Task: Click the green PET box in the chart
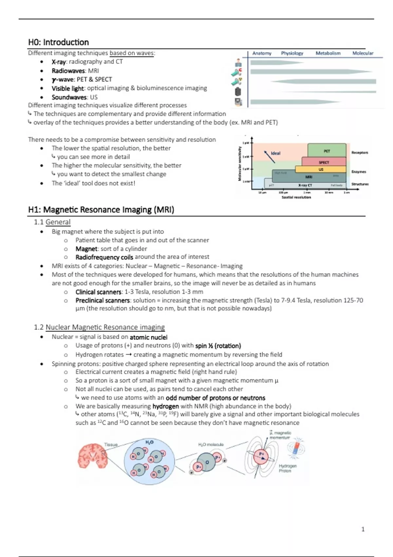click(x=327, y=150)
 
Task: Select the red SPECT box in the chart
click(x=324, y=162)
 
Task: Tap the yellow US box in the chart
click(x=321, y=169)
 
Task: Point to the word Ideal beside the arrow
click(x=275, y=153)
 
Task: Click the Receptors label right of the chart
click(x=360, y=152)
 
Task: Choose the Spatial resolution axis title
click(x=296, y=197)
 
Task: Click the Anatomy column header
click(x=262, y=53)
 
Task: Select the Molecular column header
click(x=363, y=53)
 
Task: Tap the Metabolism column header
click(x=328, y=53)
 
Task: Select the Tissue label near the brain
click(x=111, y=445)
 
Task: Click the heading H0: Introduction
click(x=58, y=42)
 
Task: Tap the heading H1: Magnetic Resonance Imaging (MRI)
click(x=101, y=210)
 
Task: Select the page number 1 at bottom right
click(x=363, y=529)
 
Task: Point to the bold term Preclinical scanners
click(x=103, y=300)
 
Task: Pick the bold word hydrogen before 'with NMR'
click(x=165, y=406)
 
